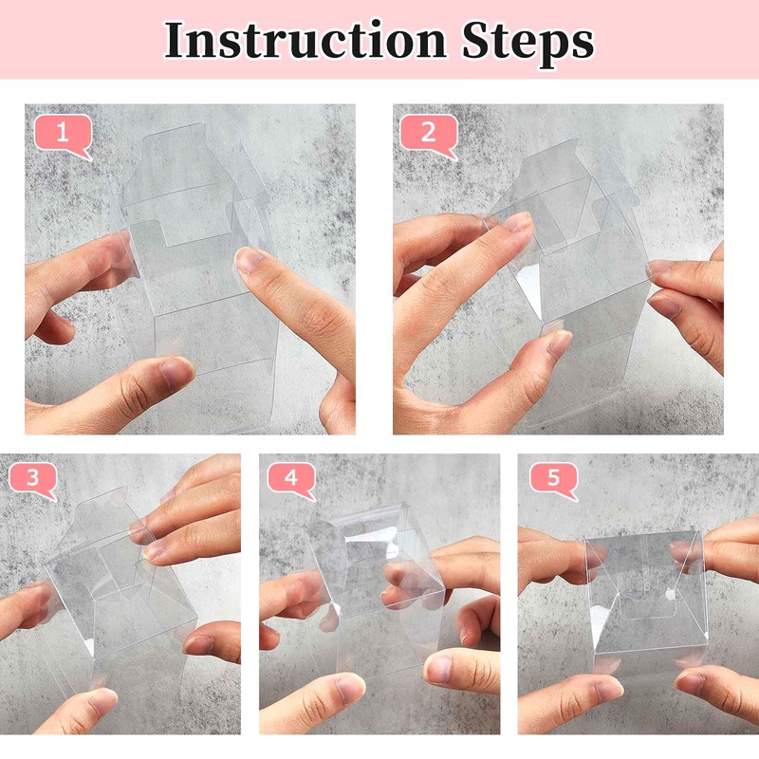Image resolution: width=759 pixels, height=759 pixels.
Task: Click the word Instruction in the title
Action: click(x=305, y=41)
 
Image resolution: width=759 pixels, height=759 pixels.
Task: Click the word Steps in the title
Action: click(x=528, y=44)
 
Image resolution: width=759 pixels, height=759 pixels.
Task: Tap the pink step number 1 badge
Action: click(x=64, y=136)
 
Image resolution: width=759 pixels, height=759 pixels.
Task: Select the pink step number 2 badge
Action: click(x=429, y=136)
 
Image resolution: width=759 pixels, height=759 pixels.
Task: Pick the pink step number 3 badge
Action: click(x=33, y=481)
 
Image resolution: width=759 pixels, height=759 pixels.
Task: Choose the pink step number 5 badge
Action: click(x=554, y=481)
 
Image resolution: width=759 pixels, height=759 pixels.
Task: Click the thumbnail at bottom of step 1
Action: click(x=175, y=374)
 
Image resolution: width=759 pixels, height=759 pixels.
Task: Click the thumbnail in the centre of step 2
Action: click(x=559, y=342)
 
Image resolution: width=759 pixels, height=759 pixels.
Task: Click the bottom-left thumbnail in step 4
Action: click(x=349, y=689)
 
